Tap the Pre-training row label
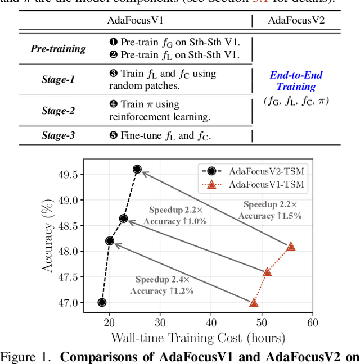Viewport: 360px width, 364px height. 58,48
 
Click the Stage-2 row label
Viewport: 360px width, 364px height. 58,111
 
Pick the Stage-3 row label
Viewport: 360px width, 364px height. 58,135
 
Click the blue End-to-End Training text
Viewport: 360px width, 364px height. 296,81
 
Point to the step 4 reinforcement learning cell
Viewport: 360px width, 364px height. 159,111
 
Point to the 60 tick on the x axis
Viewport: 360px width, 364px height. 312,322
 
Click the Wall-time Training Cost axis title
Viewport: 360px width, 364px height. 197,338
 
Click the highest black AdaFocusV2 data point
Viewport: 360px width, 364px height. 137,169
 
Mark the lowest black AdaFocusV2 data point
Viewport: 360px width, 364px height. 102,302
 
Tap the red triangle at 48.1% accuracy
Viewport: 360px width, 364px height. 291,246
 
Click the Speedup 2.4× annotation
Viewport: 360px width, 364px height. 162,279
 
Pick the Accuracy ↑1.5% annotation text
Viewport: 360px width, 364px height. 270,215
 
